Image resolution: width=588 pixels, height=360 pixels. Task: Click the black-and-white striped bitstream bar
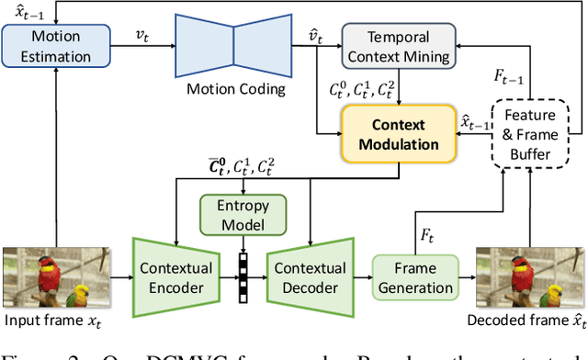click(x=244, y=276)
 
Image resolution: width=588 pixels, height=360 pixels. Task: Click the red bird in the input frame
click(x=51, y=271)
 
